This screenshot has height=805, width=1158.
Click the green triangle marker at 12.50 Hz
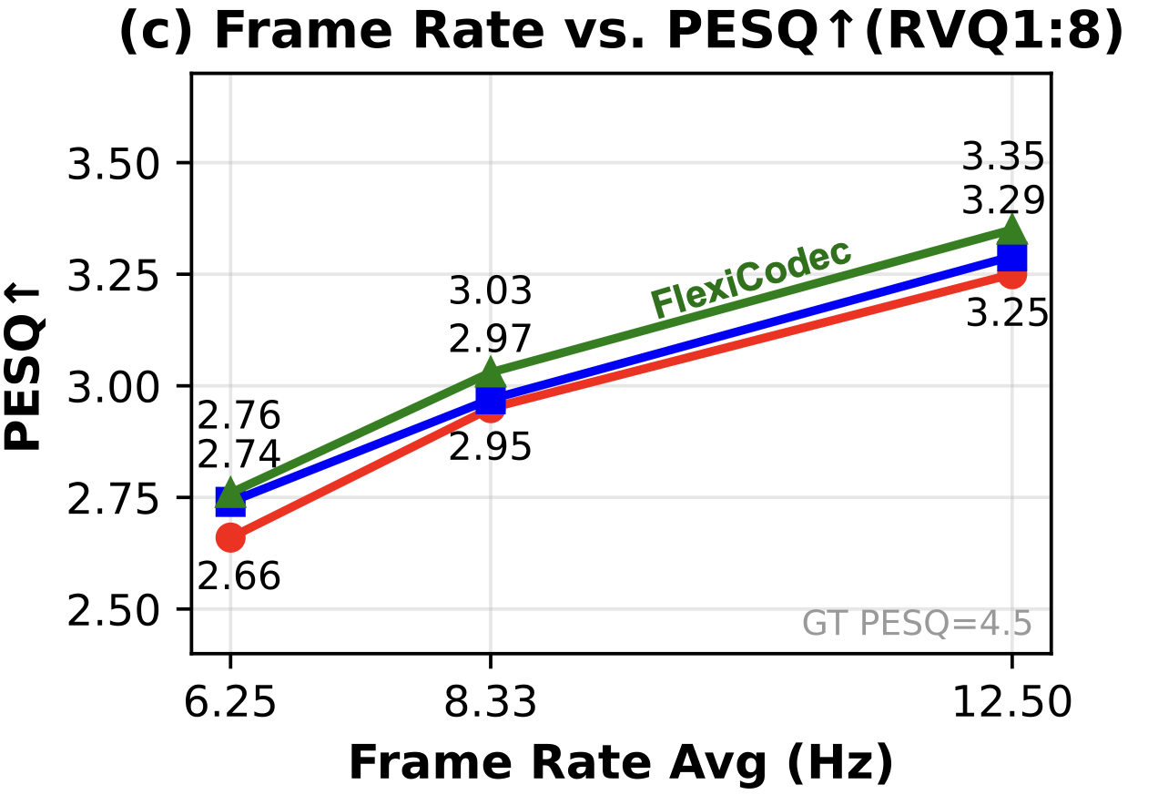click(x=1011, y=230)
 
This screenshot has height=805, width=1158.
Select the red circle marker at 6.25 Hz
click(x=230, y=538)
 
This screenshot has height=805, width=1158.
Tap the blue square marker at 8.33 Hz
click(x=491, y=399)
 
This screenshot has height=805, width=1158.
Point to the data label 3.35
click(x=1003, y=158)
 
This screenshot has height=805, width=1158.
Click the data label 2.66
click(x=239, y=576)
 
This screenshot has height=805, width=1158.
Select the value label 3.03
click(x=490, y=293)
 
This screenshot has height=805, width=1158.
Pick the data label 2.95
click(x=490, y=447)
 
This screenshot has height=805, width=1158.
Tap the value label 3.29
click(x=1003, y=201)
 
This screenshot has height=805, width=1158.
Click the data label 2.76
click(x=239, y=416)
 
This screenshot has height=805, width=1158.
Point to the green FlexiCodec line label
click(x=751, y=279)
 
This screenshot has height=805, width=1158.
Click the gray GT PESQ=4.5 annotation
click(x=917, y=625)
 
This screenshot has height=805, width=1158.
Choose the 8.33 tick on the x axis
click(x=490, y=703)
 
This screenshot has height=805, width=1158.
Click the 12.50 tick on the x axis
click(x=1011, y=703)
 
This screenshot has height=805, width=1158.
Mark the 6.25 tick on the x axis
click(x=229, y=703)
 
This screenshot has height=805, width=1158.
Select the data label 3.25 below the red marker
click(x=1007, y=314)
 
